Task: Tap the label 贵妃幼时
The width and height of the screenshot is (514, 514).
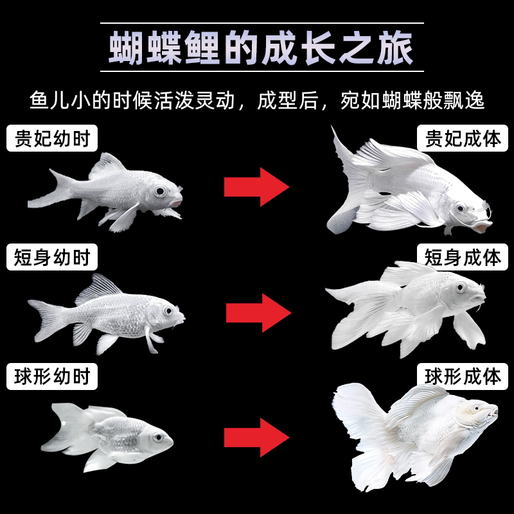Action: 52,138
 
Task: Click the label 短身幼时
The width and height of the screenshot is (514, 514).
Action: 52,258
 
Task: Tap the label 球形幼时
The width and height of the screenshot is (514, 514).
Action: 52,376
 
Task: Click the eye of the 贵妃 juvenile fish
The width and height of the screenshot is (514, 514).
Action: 159,191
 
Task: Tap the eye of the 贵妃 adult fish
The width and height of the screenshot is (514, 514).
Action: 460,209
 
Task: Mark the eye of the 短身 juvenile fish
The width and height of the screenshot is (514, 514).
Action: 168,312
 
